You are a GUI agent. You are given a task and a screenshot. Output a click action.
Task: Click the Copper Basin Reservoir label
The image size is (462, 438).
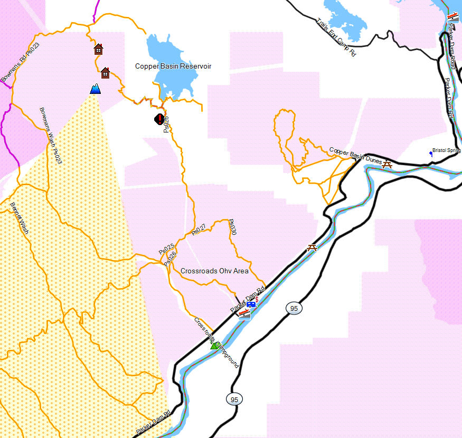(x=173, y=66)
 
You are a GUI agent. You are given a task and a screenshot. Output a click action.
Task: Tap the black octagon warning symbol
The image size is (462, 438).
(x=159, y=119)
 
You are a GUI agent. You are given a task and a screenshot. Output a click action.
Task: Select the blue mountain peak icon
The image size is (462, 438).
(x=96, y=89)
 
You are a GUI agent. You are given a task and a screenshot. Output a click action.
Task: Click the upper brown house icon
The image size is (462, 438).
(x=98, y=49)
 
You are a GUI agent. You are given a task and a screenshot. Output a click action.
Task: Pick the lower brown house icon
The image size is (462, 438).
(x=105, y=73)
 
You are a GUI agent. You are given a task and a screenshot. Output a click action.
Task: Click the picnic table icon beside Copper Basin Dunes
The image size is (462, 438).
(x=388, y=164)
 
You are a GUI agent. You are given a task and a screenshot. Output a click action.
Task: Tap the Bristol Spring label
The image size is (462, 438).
(x=446, y=150)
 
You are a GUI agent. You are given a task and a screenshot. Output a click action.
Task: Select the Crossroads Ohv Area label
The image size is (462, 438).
(x=214, y=271)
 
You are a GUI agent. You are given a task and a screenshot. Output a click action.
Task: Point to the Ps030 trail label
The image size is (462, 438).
(x=232, y=227)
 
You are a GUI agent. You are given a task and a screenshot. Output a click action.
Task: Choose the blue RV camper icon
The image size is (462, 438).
(x=252, y=304)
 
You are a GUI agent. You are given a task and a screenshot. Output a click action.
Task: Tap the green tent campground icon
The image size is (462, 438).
(x=214, y=345)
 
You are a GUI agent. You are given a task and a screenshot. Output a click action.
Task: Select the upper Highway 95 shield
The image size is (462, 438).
(x=294, y=308)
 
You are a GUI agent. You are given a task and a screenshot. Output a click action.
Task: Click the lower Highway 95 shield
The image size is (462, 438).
(x=234, y=399)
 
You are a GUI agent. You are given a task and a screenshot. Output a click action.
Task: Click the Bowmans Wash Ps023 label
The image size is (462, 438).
(x=51, y=136)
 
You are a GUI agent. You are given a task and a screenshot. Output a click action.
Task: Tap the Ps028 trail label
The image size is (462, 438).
(x=166, y=124)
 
